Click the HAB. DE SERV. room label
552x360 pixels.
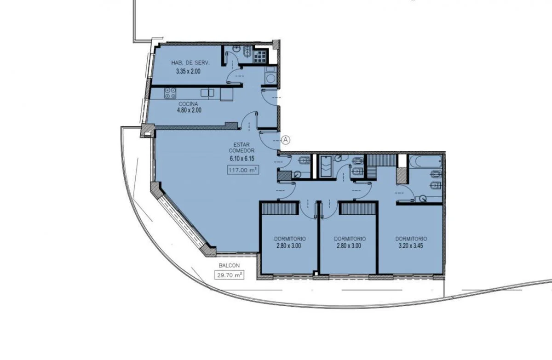(190, 63)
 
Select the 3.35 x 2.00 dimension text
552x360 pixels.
(188, 71)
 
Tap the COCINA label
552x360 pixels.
(188, 104)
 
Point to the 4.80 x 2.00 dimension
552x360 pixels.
(189, 110)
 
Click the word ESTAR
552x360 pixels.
(241, 144)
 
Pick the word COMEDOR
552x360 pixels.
(241, 150)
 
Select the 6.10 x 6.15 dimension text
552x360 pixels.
(242, 159)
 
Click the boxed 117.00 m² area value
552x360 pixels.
(243, 170)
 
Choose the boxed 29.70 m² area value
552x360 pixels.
(229, 275)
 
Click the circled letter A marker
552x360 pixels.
(286, 140)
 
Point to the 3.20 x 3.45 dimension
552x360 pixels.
(410, 246)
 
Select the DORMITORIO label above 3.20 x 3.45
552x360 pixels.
(411, 239)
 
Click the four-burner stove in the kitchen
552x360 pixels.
(170, 94)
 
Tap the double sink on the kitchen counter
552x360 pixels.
(207, 93)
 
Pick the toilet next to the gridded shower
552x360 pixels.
(247, 52)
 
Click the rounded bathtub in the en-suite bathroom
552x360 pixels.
(425, 161)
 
